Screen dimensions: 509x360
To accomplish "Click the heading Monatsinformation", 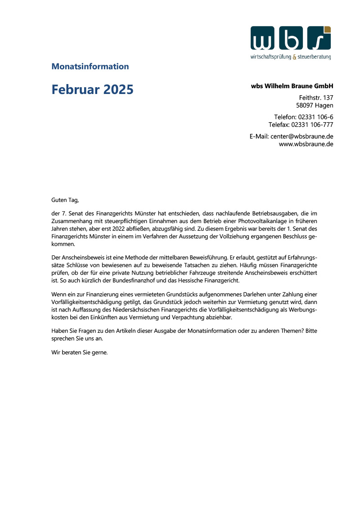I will click(x=90, y=67).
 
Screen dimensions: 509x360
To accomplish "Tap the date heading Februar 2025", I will click(x=92, y=89).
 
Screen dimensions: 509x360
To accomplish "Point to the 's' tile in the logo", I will click(x=319, y=38).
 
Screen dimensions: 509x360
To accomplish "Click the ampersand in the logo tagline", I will click(x=294, y=57).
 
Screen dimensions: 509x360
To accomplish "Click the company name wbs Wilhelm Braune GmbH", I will click(x=292, y=86).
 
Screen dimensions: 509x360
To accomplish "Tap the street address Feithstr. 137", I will click(x=316, y=98).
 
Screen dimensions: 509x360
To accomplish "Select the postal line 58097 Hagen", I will click(x=315, y=106).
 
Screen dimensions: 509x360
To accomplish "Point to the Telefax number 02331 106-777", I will click(x=312, y=125).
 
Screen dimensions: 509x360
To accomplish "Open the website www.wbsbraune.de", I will click(x=306, y=144).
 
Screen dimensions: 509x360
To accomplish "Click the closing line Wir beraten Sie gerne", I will click(x=80, y=353).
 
